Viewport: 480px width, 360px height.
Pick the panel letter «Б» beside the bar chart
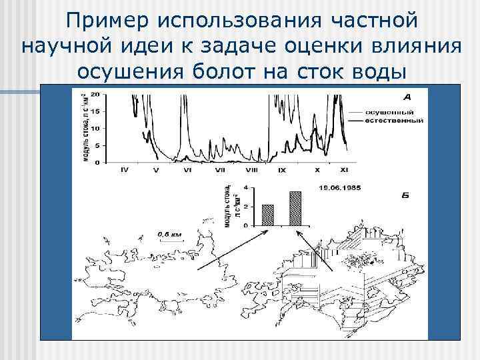pos(406,197)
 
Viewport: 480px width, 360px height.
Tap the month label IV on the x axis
pos(125,171)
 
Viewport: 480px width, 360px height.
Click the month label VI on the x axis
pos(187,171)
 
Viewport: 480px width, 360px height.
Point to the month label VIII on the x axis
pos(251,171)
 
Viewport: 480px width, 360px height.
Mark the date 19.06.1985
pos(340,188)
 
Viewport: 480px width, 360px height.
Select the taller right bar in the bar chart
pos(295,208)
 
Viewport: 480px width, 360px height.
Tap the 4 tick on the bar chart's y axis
pos(245,188)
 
